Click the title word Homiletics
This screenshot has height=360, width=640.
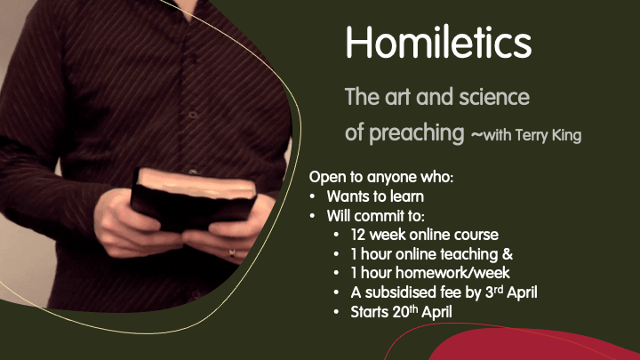tap(438, 42)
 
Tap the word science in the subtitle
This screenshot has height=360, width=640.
tap(494, 97)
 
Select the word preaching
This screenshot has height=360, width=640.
tap(417, 133)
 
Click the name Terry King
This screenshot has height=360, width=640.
tap(548, 135)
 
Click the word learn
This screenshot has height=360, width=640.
tap(407, 196)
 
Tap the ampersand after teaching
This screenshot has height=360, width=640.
tap(508, 254)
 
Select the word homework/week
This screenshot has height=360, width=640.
tap(452, 273)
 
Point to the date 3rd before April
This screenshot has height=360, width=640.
tap(494, 292)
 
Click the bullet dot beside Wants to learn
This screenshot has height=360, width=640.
tap(312, 197)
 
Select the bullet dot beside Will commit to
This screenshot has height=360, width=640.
tap(312, 216)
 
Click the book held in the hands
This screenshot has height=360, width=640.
tap(193, 199)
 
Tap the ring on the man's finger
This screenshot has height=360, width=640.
tap(232, 253)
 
